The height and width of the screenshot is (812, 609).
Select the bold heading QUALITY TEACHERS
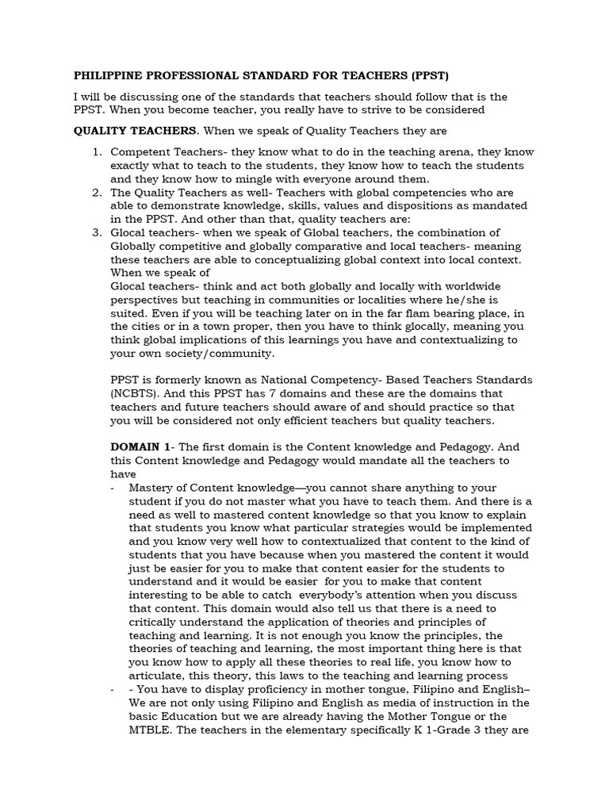[133, 131]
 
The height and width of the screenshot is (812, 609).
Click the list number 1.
[96, 152]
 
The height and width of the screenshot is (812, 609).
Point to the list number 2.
[96, 193]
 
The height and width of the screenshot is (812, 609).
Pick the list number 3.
[96, 232]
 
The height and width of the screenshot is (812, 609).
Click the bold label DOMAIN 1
[139, 447]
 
